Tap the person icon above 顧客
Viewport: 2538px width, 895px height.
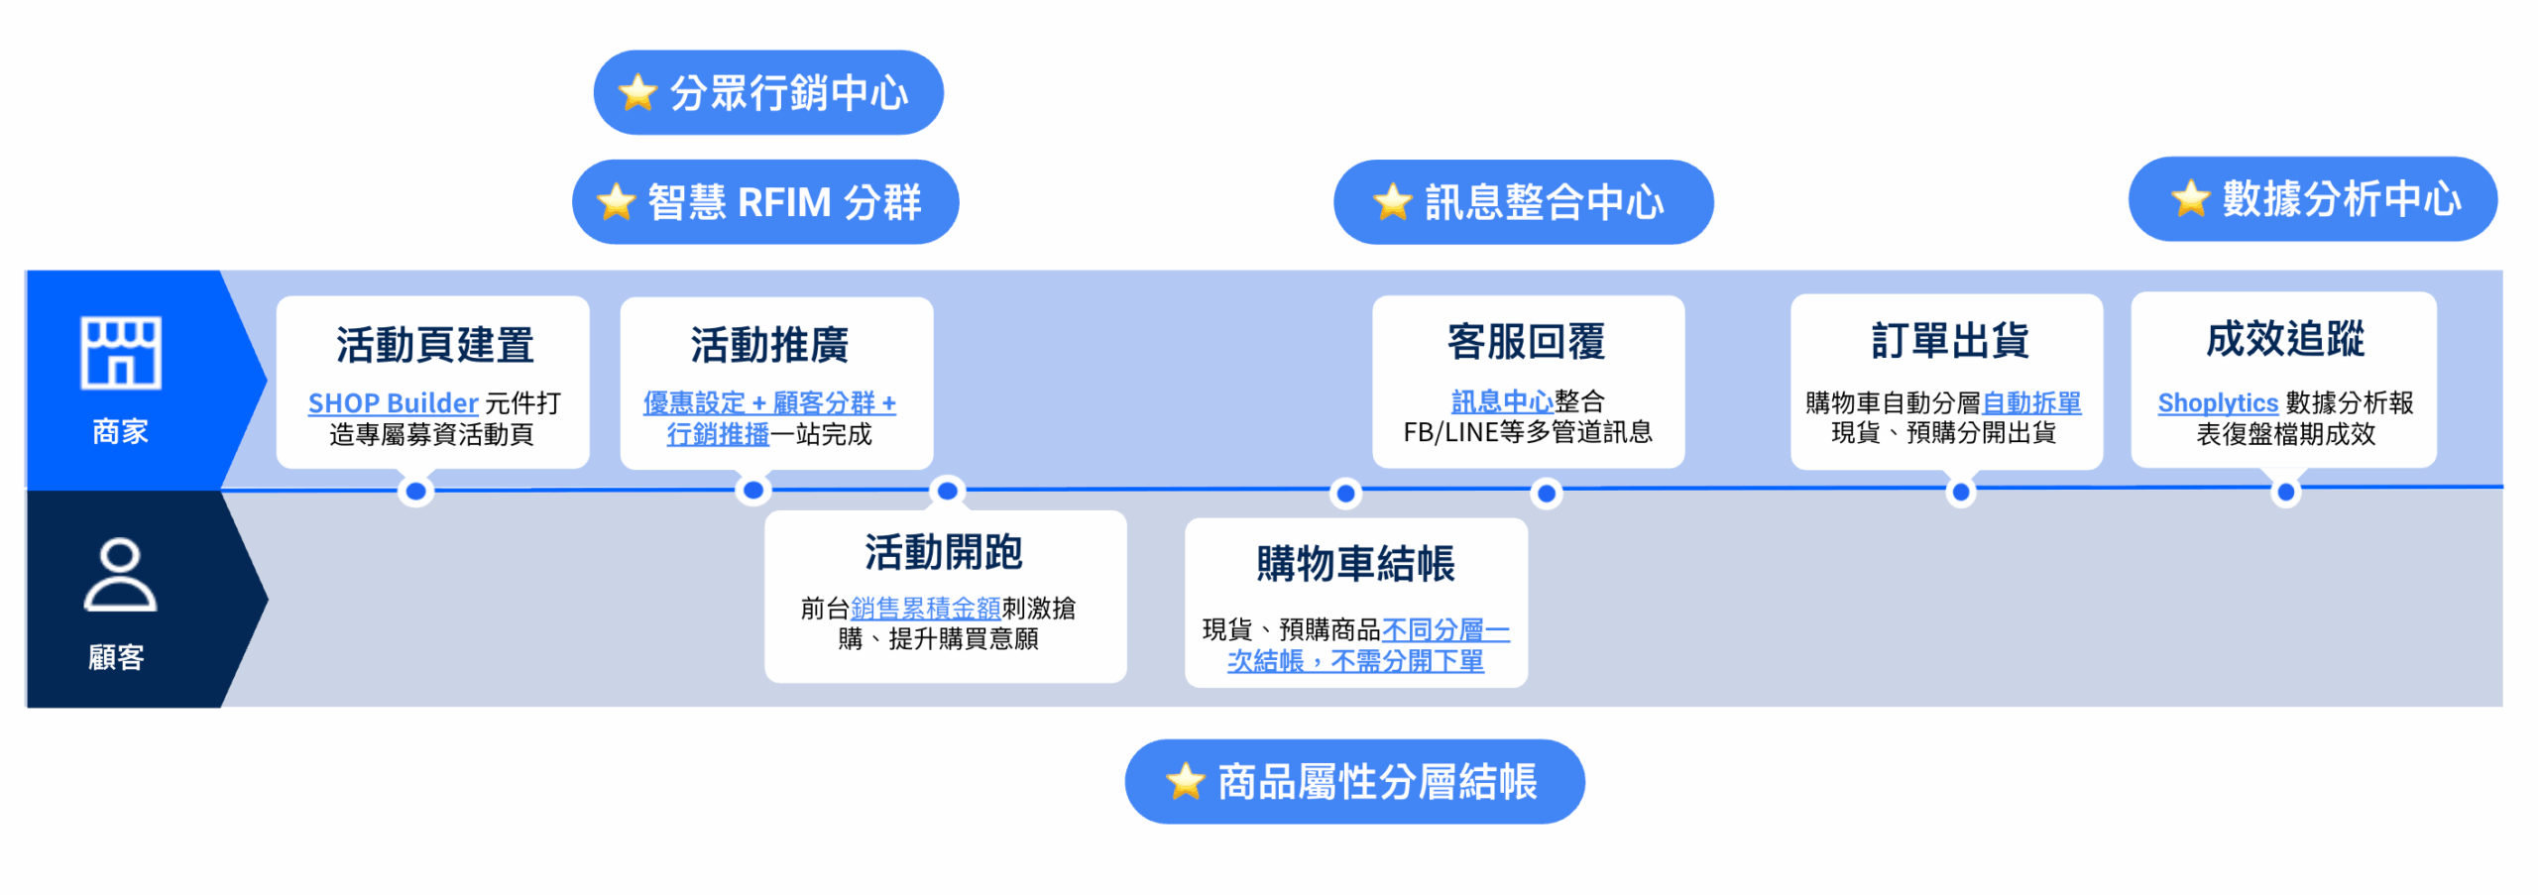point(119,575)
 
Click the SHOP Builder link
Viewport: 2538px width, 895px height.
point(393,403)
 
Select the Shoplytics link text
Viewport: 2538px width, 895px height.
point(2217,403)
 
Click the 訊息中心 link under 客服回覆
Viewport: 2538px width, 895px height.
point(1501,401)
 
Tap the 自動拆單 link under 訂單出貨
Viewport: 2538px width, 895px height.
point(2030,402)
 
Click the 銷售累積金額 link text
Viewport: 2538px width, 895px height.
point(925,608)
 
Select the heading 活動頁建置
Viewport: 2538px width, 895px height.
point(434,344)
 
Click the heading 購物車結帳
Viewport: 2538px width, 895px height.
point(1354,563)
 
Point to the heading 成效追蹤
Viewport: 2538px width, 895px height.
point(2284,339)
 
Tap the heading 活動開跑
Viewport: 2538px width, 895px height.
point(943,552)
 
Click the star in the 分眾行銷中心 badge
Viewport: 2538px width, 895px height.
point(637,93)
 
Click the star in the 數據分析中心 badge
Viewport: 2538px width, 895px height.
point(2190,199)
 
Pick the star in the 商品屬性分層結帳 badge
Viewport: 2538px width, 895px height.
point(1185,781)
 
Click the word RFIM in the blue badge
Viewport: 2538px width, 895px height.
point(784,203)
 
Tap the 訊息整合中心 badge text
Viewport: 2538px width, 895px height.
point(1544,203)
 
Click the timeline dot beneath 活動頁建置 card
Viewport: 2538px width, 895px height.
point(416,492)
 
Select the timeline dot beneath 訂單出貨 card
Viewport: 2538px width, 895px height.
point(1960,492)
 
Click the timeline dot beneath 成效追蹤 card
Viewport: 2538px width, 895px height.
point(2285,492)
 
